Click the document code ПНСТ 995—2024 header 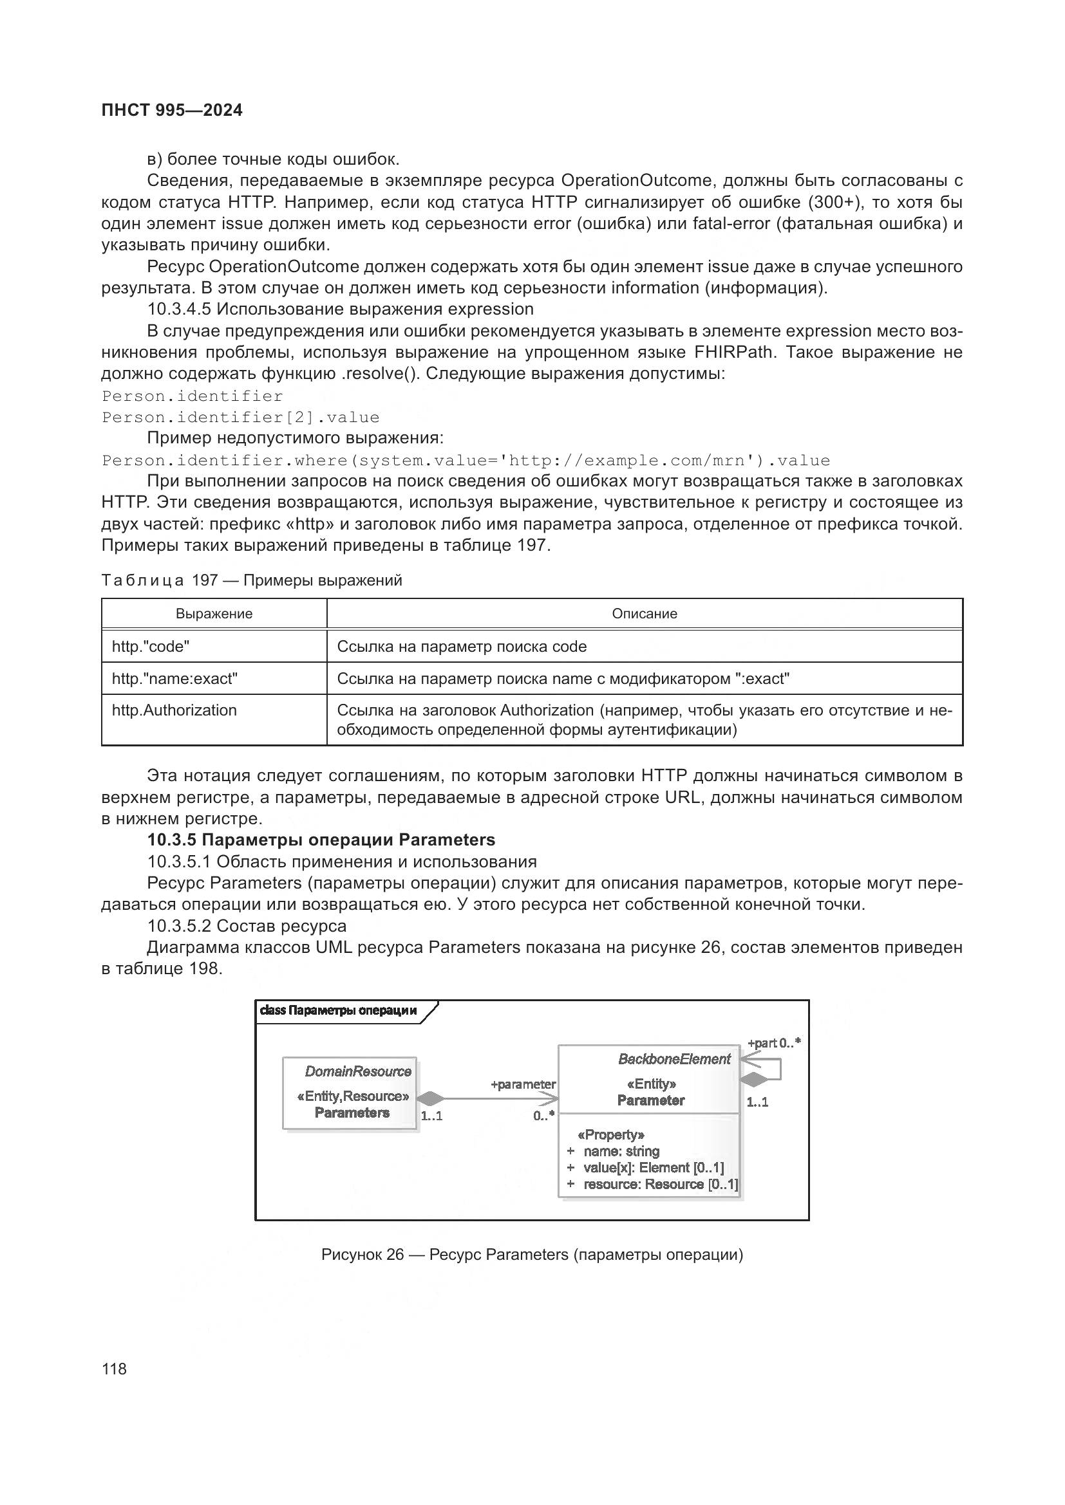(172, 111)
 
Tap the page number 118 (114, 1369)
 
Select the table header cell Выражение (214, 614)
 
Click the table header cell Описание (644, 614)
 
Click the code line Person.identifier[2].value (241, 418)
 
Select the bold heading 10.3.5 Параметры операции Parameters (321, 840)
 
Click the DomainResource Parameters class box (350, 1093)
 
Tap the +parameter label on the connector (523, 1084)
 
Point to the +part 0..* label (774, 1043)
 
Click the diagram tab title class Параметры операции (339, 1010)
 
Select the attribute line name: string (621, 1151)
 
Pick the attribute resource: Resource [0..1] (660, 1184)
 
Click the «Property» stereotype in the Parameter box (610, 1134)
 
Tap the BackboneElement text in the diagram (674, 1058)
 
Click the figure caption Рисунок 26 (531, 1255)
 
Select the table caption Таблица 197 (252, 580)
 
